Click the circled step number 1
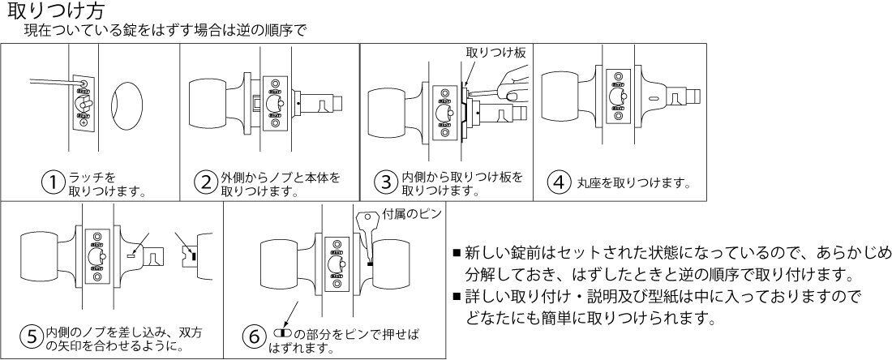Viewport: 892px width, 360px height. [54, 182]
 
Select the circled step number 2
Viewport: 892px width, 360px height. [206, 182]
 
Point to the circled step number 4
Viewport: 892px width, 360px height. [558, 182]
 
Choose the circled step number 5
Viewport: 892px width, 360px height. [31, 336]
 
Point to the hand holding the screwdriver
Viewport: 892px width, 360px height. [508, 84]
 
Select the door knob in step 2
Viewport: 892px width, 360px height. [215, 104]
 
